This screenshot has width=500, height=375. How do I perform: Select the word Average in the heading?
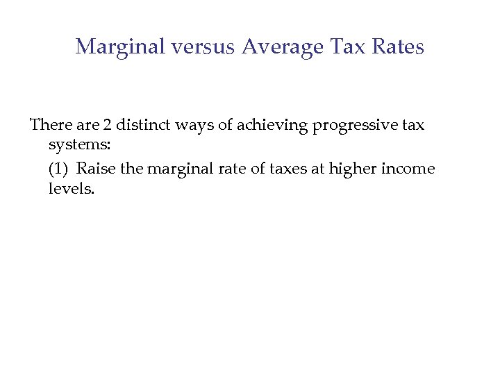(x=283, y=47)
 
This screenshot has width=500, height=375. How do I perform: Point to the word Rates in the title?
(x=397, y=47)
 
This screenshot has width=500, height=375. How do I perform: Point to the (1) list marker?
(x=59, y=168)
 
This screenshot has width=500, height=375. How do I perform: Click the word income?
(x=410, y=168)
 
